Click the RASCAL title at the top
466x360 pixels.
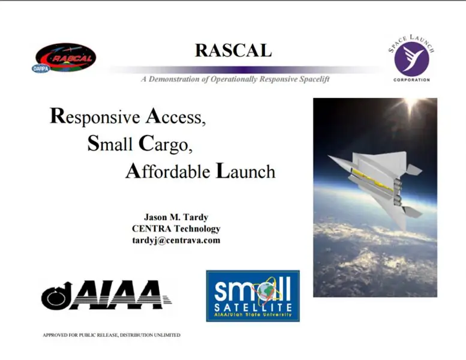pyautogui.click(x=233, y=50)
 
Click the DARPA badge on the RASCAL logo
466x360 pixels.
pyautogui.click(x=41, y=68)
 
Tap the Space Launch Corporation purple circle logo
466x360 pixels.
pyautogui.click(x=411, y=59)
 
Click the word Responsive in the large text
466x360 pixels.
pyautogui.click(x=95, y=117)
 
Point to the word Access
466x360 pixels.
pyautogui.click(x=176, y=116)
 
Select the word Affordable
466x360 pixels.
pyautogui.click(x=168, y=171)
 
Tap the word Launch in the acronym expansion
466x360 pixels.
pyautogui.click(x=245, y=171)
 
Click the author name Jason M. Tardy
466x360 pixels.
pyautogui.click(x=176, y=217)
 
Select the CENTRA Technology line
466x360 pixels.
pyautogui.click(x=176, y=229)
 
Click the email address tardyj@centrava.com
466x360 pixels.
pyautogui.click(x=176, y=240)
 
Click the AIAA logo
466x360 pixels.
pyautogui.click(x=106, y=295)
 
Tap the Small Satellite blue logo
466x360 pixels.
pyautogui.click(x=253, y=296)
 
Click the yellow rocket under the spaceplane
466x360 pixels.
pyautogui.click(x=371, y=179)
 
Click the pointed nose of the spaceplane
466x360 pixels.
pyautogui.click(x=328, y=155)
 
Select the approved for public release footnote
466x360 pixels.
pyautogui.click(x=112, y=335)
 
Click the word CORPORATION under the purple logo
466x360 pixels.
pyautogui.click(x=411, y=80)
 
